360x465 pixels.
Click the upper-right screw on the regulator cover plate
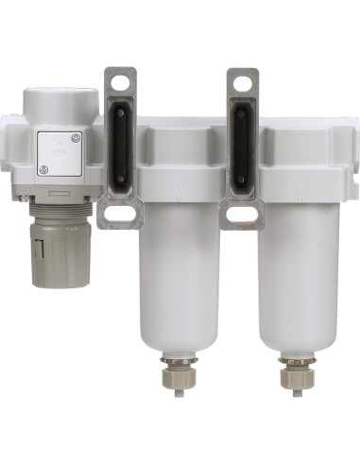point(78,138)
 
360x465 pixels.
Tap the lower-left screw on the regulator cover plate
point(43,168)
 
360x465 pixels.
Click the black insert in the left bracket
point(120,146)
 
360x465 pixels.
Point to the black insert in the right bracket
point(243,146)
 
